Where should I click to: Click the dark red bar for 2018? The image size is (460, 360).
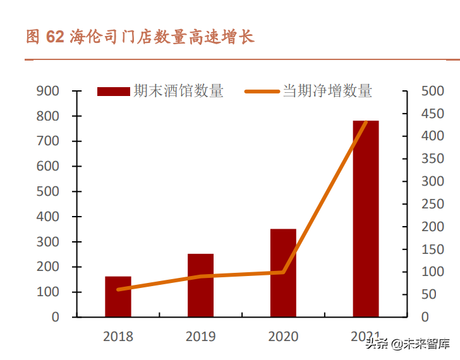tap(118, 297)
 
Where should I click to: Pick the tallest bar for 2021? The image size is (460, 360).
tap(366, 219)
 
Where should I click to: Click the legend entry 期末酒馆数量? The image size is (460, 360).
tap(160, 92)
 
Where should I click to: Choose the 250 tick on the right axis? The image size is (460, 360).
tap(433, 204)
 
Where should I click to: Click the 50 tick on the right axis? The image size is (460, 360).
tap(433, 294)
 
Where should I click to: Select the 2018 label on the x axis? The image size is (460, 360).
tap(118, 337)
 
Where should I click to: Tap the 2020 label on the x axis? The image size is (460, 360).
tap(283, 337)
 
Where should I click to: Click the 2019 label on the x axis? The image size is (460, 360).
tap(200, 337)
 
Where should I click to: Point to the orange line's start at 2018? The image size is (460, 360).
tap(118, 289)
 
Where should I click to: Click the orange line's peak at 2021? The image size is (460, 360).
tap(366, 122)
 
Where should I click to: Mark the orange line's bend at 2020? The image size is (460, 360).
tap(283, 272)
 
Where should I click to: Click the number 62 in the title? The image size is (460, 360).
tap(55, 37)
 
